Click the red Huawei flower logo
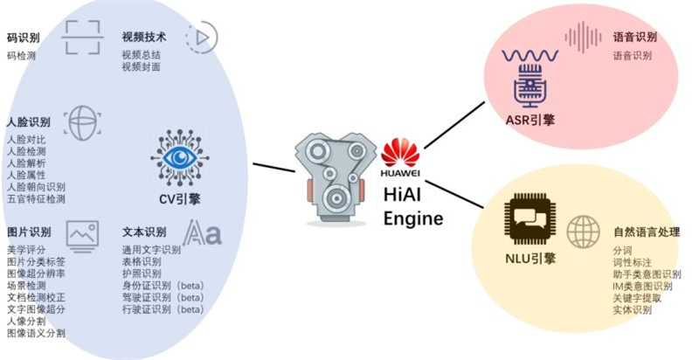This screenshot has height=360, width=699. (x=400, y=154)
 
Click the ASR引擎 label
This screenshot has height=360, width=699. (x=530, y=120)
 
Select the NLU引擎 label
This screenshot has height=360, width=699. (x=530, y=258)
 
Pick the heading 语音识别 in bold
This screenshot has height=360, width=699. (x=633, y=38)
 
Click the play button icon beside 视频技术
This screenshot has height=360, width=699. (x=202, y=37)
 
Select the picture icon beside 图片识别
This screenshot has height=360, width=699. (x=81, y=233)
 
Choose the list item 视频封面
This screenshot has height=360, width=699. (x=141, y=67)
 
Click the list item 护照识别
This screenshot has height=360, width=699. (x=142, y=273)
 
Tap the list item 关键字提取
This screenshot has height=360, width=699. (x=637, y=298)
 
